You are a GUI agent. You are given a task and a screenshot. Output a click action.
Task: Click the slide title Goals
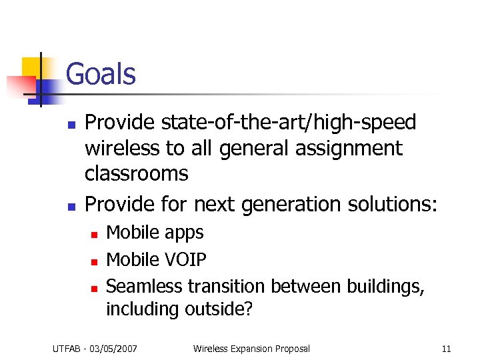(101, 73)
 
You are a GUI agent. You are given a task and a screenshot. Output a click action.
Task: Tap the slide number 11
(446, 348)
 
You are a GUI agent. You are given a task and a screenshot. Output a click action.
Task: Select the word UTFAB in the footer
(67, 348)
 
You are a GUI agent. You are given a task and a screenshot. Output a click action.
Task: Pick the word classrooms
(136, 173)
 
